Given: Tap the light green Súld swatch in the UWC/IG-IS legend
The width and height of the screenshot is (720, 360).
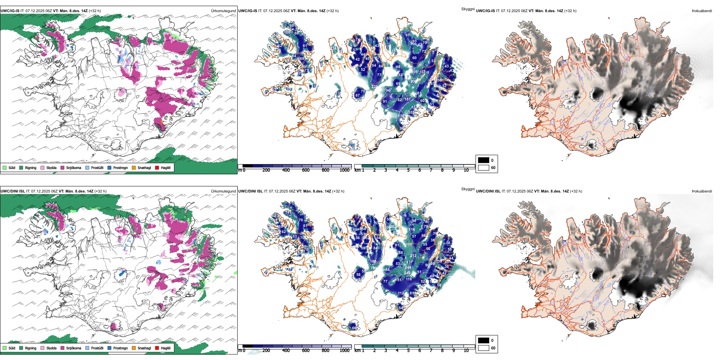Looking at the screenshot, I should pos(5,167).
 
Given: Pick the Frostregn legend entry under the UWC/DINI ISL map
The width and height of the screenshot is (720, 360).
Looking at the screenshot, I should pos(120,348).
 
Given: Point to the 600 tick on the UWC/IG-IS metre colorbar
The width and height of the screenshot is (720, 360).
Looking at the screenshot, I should pos(305,170).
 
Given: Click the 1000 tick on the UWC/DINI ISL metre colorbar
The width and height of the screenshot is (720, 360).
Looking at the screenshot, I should pos(344,351).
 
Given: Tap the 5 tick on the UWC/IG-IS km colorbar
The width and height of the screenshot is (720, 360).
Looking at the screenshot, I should pos(408,170).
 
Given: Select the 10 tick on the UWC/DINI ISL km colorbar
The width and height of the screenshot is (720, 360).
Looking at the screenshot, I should pos(466,351).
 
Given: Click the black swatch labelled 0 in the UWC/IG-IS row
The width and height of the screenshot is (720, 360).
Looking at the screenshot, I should pos(484,160).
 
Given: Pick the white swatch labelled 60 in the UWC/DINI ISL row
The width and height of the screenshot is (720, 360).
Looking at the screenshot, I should pos(484,348).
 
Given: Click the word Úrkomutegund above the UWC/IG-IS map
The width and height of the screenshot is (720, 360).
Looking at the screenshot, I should pos(223,11).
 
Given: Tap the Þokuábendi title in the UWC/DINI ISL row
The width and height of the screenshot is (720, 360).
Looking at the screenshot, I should pos(702,191).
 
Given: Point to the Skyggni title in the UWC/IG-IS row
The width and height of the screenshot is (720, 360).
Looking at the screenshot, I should pos(468,9).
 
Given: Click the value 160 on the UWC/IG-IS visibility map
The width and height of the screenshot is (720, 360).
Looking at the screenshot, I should pos(287,33).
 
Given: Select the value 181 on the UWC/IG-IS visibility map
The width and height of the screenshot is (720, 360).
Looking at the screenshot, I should pos(407,99).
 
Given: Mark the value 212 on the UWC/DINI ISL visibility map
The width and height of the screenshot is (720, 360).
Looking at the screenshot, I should pos(413,256).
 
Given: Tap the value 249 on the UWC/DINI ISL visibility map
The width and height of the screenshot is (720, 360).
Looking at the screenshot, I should pos(407,273).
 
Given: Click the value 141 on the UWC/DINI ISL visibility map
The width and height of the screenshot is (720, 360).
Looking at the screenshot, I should pos(288,213).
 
